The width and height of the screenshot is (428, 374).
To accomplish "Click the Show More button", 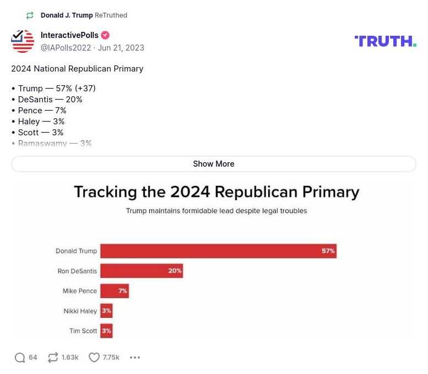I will coord(213,164).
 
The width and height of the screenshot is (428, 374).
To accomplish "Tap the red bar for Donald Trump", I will coord(218,251).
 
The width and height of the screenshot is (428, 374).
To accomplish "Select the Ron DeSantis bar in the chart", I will coord(141,271).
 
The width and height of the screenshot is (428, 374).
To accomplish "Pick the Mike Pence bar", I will coord(114,291).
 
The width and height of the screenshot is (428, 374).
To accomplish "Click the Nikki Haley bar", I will coord(106,311).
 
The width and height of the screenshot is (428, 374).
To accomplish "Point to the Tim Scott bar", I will coord(106,331).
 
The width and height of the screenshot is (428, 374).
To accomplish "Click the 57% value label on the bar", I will coord(328,251).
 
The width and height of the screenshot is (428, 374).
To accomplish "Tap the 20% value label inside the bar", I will coord(175,271).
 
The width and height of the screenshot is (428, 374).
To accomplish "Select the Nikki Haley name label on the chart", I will coord(80,311).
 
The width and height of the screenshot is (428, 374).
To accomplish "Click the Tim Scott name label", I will coord(83,331).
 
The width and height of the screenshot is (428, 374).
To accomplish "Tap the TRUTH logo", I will coord(385,41).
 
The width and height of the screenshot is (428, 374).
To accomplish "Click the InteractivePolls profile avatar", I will coord(23,41).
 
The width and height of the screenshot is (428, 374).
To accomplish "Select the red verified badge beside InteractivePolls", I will coord(105,35).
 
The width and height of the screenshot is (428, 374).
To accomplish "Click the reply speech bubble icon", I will coord(20,358).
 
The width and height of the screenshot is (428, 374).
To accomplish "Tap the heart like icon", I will coord(94,358).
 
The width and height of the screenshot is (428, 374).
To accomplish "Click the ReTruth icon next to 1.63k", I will coord(53,358).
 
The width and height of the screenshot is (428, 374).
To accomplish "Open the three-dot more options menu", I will coord(135,358).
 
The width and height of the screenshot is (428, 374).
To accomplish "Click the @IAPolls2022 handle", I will coord(66,48).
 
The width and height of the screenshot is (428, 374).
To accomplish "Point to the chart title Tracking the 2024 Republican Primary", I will coord(216,192).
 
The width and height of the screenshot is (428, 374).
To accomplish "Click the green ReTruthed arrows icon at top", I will coord(30,15).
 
